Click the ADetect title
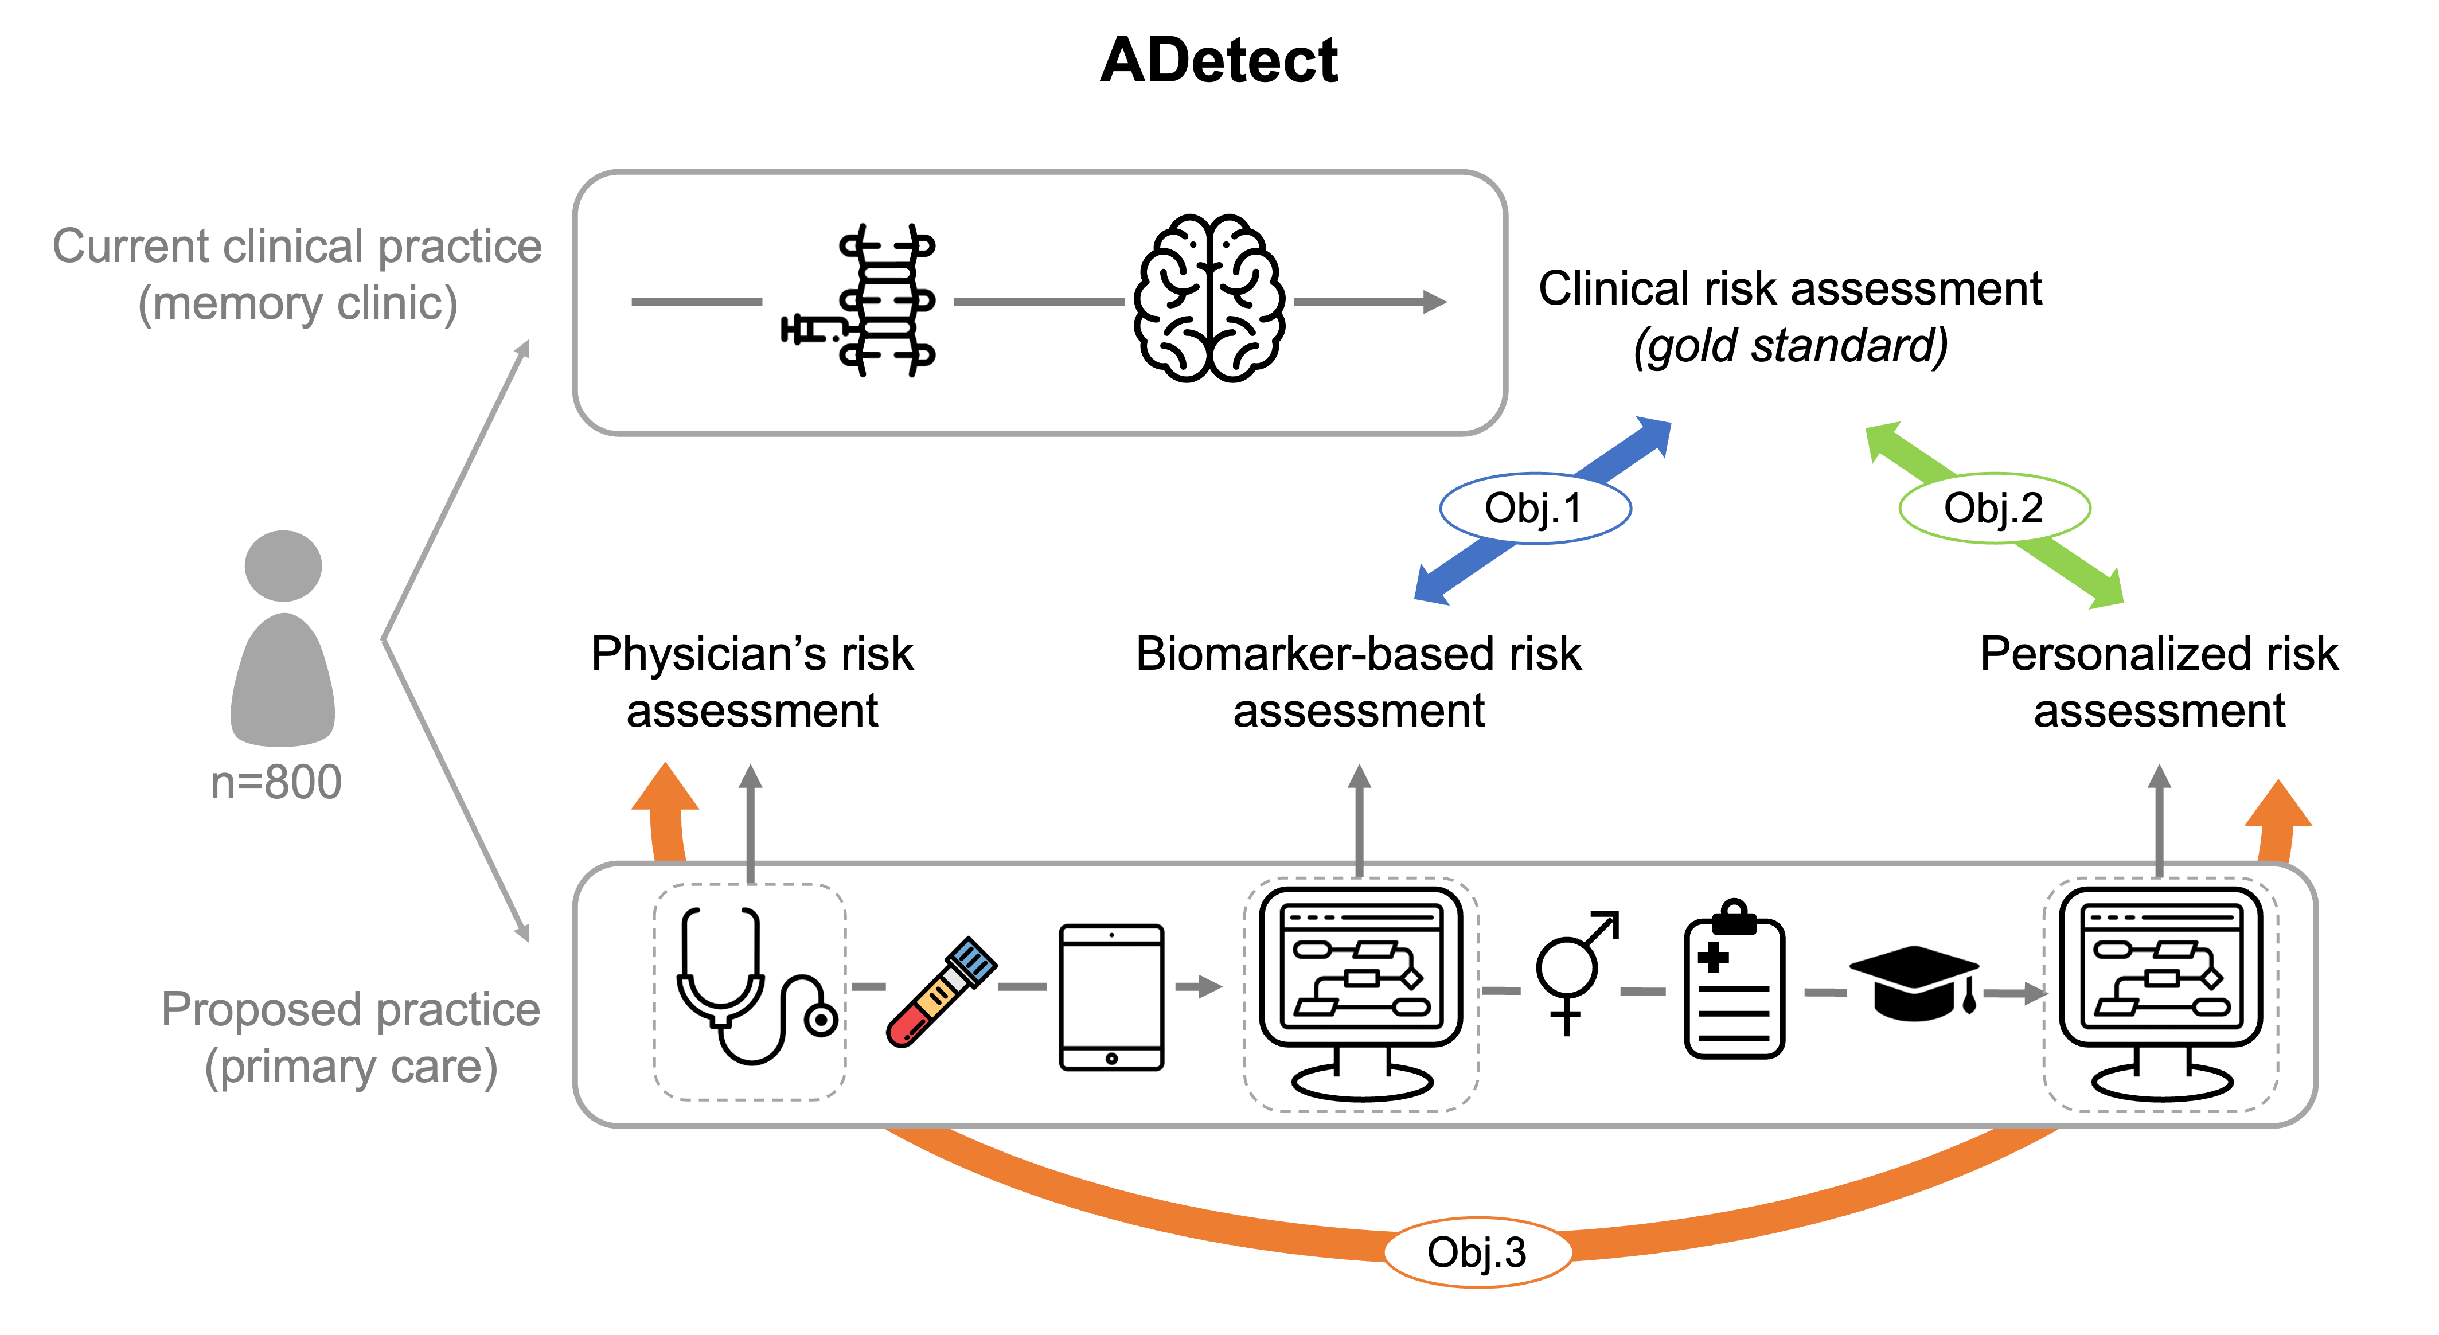1219,61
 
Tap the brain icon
1209,298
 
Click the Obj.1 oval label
1535,509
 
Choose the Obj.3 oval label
1477,1252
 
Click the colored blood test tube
940,992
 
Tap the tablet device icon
1111,997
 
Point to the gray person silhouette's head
283,565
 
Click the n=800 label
275,782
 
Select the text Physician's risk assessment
753,682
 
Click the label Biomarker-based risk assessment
1359,682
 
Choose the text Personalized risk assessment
2159,682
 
